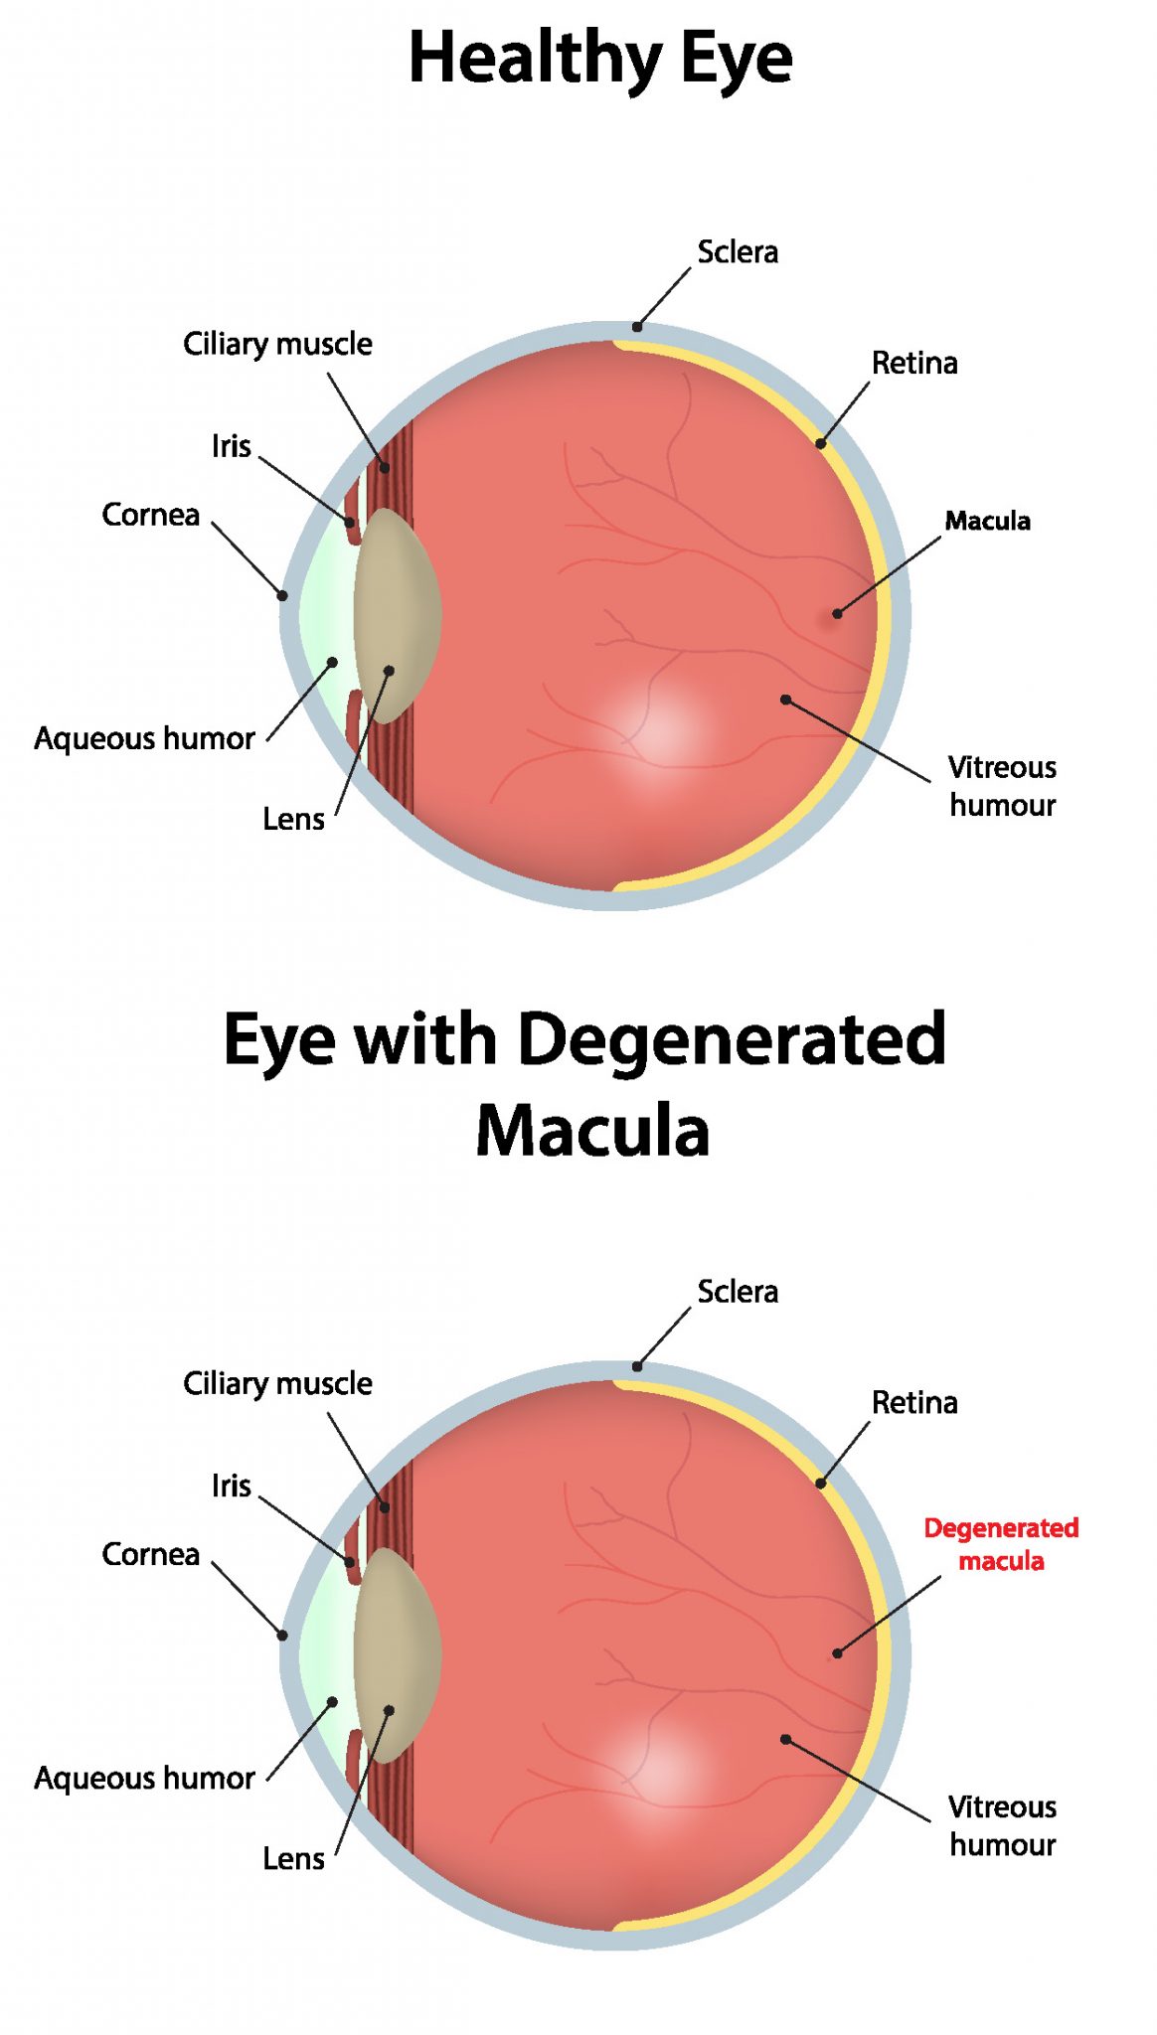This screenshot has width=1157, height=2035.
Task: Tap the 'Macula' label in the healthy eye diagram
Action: tap(987, 521)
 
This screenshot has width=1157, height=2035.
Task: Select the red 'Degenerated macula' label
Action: tap(1001, 1544)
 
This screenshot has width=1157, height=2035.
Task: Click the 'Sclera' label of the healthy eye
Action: tap(738, 252)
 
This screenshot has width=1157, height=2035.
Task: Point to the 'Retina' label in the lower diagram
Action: tap(914, 1402)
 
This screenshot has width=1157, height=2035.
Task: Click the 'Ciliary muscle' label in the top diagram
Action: tap(277, 344)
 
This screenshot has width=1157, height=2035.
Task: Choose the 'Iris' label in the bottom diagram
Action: tap(231, 1486)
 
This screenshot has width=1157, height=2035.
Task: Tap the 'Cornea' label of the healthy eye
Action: tap(150, 515)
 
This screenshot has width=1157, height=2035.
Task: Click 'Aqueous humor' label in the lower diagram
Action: tap(144, 1778)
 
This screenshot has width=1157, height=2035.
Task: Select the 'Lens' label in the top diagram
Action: tap(293, 819)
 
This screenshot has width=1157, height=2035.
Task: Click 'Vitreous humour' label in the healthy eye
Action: tap(1002, 786)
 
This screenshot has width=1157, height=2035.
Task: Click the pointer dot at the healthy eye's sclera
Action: tap(637, 327)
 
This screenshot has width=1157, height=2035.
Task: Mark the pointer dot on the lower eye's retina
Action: tap(821, 1484)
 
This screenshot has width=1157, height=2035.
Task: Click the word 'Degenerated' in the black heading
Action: tap(732, 1039)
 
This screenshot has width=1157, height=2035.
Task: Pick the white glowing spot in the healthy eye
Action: tap(654, 730)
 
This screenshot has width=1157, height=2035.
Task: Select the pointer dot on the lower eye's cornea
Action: tap(283, 1636)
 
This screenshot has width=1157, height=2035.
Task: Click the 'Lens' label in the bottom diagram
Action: tap(293, 1858)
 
